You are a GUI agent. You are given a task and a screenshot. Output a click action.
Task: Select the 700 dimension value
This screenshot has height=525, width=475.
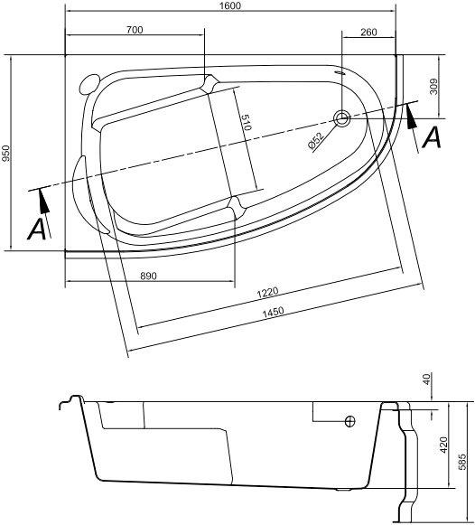pos(135,30)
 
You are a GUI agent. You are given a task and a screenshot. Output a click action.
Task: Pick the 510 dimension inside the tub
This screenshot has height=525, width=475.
pos(246,124)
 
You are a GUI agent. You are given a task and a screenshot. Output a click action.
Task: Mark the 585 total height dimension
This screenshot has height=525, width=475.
pos(463,460)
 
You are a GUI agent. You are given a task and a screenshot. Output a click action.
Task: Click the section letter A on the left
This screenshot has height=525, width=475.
pos(37,230)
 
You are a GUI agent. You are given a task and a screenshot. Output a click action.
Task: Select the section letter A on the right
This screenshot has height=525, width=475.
pos(432,137)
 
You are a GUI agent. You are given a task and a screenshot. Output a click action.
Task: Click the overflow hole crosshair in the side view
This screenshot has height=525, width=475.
pos(350,421)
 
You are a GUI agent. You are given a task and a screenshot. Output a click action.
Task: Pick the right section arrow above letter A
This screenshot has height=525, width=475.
pos(414,115)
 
